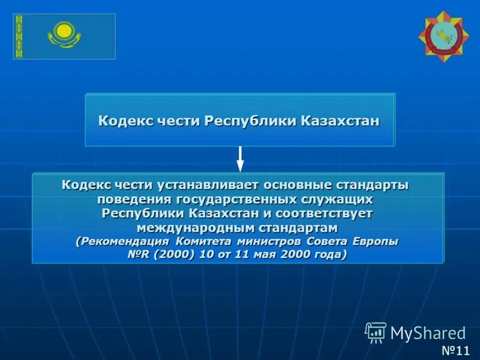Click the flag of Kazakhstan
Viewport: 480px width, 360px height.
pos(64,36)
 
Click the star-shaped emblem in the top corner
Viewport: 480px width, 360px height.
pos(443,37)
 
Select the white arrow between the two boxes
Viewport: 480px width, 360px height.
pos(240,159)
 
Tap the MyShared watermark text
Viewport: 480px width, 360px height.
pos(428,333)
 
